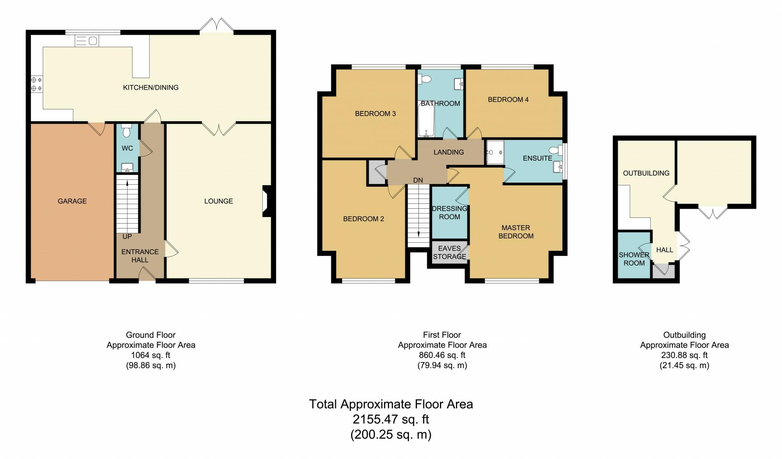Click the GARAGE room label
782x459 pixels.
72,201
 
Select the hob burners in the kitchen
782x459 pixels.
37,84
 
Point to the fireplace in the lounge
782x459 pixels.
266,201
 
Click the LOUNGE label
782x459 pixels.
218,201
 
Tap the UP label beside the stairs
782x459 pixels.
127,237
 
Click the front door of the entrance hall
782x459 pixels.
147,275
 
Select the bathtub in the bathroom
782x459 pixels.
426,118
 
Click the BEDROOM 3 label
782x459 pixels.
375,114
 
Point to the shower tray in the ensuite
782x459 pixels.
495,153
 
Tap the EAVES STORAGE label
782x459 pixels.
449,253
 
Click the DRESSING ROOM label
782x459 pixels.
449,213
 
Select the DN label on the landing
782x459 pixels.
418,180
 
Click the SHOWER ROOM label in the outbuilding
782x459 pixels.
634,259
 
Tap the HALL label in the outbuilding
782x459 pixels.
664,250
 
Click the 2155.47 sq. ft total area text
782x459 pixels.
391,419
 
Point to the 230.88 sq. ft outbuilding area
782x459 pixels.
684,355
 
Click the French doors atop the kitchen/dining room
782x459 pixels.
217,26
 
